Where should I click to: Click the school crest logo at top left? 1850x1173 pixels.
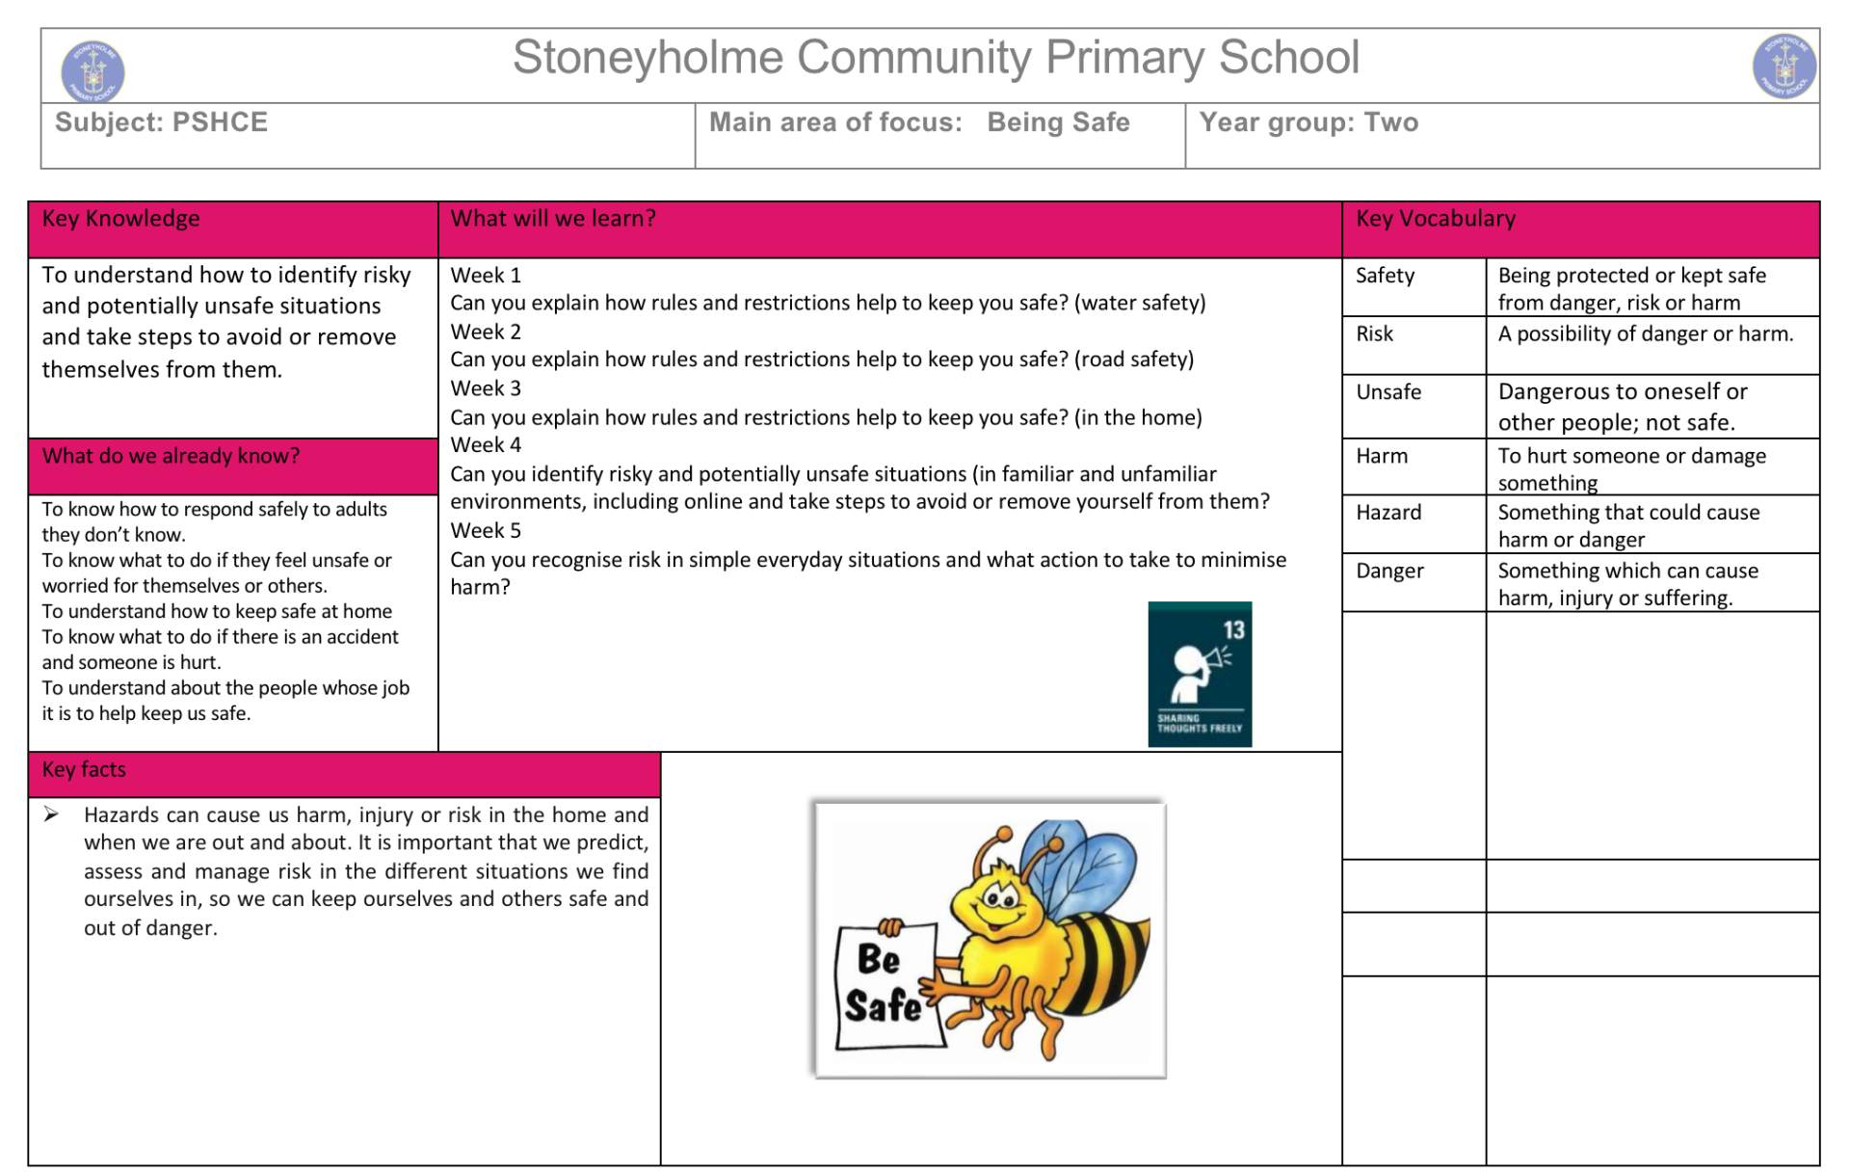click(92, 69)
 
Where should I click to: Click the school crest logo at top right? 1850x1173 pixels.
click(1784, 67)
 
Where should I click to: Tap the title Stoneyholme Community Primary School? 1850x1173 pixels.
click(935, 58)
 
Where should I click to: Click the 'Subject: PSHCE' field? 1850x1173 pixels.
click(161, 122)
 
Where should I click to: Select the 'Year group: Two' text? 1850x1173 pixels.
click(1308, 122)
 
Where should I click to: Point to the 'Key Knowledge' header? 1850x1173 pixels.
click(120, 219)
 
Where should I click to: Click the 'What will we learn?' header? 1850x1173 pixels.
click(552, 219)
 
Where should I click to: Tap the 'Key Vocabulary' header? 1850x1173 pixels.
click(1435, 219)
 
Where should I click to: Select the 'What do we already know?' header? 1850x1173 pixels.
click(171, 456)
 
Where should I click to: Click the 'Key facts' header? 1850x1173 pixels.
click(84, 769)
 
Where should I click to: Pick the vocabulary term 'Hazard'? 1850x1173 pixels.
click(1387, 513)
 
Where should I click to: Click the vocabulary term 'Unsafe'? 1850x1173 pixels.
click(1387, 392)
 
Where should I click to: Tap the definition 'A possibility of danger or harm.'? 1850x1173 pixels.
click(1645, 334)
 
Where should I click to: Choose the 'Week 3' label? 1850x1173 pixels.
click(486, 388)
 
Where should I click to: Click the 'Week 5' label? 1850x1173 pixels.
click(486, 530)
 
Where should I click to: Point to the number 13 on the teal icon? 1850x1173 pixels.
click(1233, 630)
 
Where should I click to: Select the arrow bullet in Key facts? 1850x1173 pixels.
click(51, 815)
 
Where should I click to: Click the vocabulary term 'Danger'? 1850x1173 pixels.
click(1388, 571)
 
